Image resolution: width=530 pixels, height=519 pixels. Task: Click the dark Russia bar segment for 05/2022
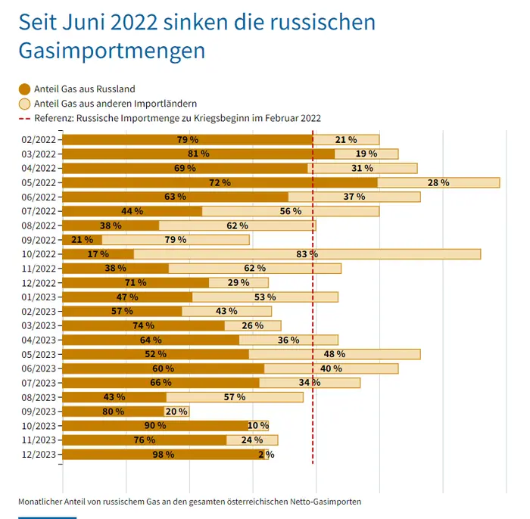click(x=220, y=182)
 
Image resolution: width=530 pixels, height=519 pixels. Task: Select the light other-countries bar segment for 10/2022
click(x=307, y=254)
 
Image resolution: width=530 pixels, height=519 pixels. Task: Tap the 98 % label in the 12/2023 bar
click(x=164, y=455)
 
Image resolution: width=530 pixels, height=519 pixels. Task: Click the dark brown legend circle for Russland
click(x=25, y=89)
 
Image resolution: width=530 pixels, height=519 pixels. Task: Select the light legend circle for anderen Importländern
click(x=25, y=104)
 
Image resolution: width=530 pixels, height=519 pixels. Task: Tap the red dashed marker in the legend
click(x=25, y=118)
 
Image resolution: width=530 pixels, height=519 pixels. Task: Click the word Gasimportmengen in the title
click(x=112, y=51)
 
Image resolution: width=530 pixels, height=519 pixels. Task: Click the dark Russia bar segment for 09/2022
click(x=82, y=240)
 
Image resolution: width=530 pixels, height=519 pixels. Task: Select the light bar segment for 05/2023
click(x=335, y=354)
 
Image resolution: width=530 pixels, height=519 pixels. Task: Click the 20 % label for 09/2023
click(x=176, y=412)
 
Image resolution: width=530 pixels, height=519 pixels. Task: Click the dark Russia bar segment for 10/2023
click(x=155, y=426)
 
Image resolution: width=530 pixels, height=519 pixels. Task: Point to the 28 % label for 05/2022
click(x=438, y=182)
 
